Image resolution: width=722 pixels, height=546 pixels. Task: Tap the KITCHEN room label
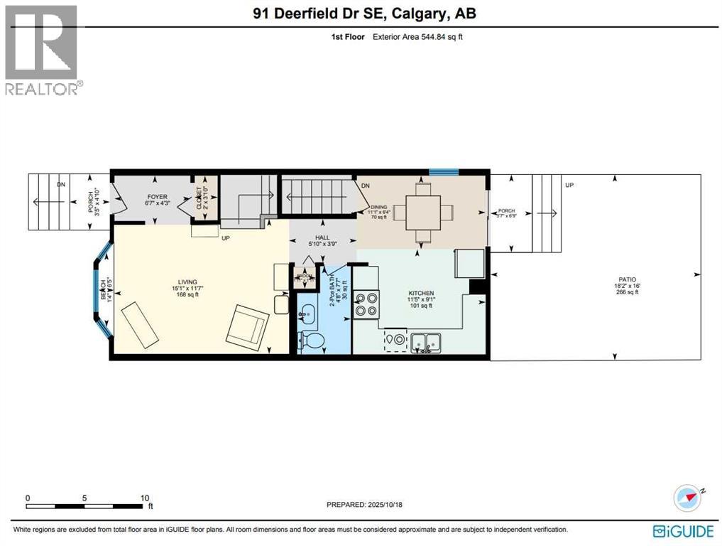pos(420,293)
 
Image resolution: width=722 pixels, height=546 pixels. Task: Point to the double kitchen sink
pos(426,342)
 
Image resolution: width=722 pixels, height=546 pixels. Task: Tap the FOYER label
pos(157,196)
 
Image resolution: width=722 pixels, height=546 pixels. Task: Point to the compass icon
pos(687,498)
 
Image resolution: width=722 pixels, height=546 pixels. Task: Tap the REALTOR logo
pos(42,50)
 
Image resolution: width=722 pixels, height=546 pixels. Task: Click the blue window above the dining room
pos(444,171)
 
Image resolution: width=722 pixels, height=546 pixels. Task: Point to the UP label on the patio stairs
pos(569,185)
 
